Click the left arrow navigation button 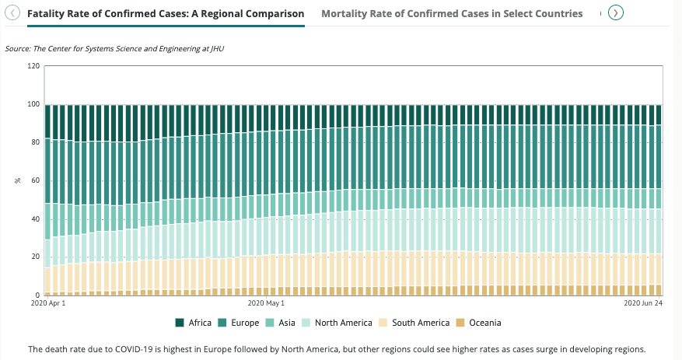tap(12, 12)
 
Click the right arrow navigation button tap(616, 12)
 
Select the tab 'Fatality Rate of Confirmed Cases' tap(166, 13)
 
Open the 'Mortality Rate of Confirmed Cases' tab tap(452, 13)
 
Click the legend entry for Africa tap(194, 323)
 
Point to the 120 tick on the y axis tap(33, 66)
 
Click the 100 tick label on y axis tap(33, 104)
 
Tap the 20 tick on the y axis tap(35, 257)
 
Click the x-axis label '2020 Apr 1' tap(48, 303)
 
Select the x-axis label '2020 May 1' tap(266, 303)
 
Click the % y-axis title tap(17, 180)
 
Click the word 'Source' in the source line tap(17, 48)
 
